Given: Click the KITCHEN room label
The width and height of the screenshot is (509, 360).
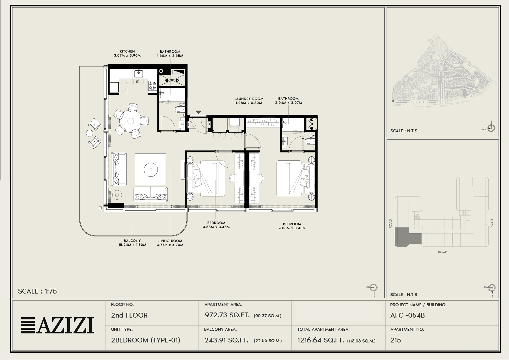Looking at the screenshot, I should point(127,51).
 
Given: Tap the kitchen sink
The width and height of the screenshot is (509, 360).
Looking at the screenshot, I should point(139,74).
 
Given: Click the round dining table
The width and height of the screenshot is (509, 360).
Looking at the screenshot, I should point(131,121).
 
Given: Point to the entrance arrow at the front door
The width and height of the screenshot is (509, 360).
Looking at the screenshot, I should point(199,112).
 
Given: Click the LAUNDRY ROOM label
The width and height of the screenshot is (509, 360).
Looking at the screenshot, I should point(249,99).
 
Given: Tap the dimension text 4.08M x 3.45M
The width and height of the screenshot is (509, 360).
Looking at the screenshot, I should point(292,228).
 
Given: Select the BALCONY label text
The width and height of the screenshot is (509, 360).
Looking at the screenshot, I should point(132,241).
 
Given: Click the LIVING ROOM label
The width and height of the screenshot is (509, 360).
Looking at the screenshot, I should point(170,241).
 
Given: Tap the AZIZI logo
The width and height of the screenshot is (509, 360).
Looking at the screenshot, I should point(57,325).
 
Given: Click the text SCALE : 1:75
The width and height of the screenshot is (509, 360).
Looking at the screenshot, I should point(37,291).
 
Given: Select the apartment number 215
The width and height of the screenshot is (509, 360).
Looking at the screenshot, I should point(396,340).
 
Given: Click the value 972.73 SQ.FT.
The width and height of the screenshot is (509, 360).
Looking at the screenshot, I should point(227,315).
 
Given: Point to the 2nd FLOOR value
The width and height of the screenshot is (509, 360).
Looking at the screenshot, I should point(129,315).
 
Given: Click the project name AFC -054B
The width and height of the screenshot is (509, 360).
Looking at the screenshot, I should point(407,315).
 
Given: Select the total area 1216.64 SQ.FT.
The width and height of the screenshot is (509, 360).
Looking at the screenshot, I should point(320,340).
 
